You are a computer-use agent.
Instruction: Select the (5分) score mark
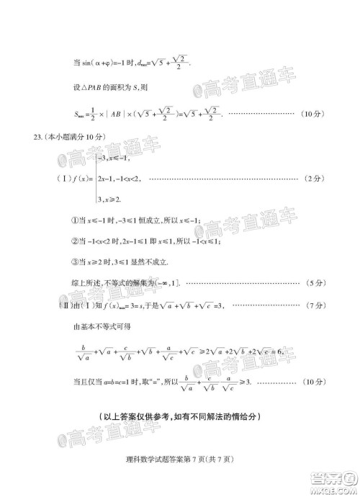[314, 280]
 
